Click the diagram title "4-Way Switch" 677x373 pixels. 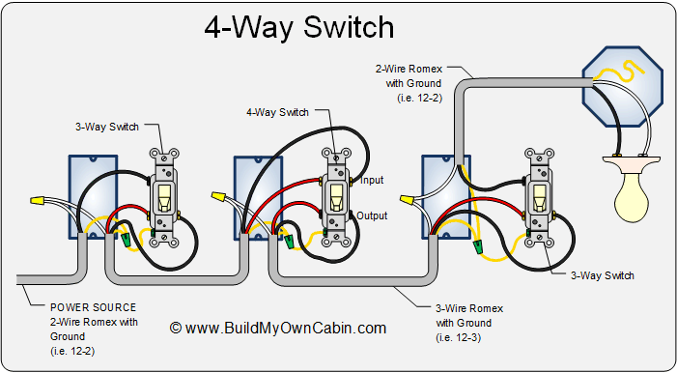tap(298, 27)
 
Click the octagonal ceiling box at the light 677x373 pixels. tap(622, 86)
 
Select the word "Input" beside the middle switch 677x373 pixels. tap(372, 180)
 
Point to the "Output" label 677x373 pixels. tap(372, 215)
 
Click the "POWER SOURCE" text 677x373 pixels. tap(94, 307)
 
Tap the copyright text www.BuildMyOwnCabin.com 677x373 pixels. tap(278, 328)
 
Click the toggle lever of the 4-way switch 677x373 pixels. tap(336, 197)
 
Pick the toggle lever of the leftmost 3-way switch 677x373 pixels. tap(163, 197)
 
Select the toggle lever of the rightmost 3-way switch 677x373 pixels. tap(539, 197)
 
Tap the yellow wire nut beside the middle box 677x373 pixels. tap(218, 197)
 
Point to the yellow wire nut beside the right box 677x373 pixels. tap(408, 200)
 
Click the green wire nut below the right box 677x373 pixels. tap(477, 246)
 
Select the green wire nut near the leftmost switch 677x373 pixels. tap(127, 240)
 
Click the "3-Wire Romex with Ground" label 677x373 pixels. tap(469, 323)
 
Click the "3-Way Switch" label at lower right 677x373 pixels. tap(603, 275)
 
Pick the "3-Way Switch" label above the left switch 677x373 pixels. tap(107, 127)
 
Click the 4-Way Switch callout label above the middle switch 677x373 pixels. tap(277, 112)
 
